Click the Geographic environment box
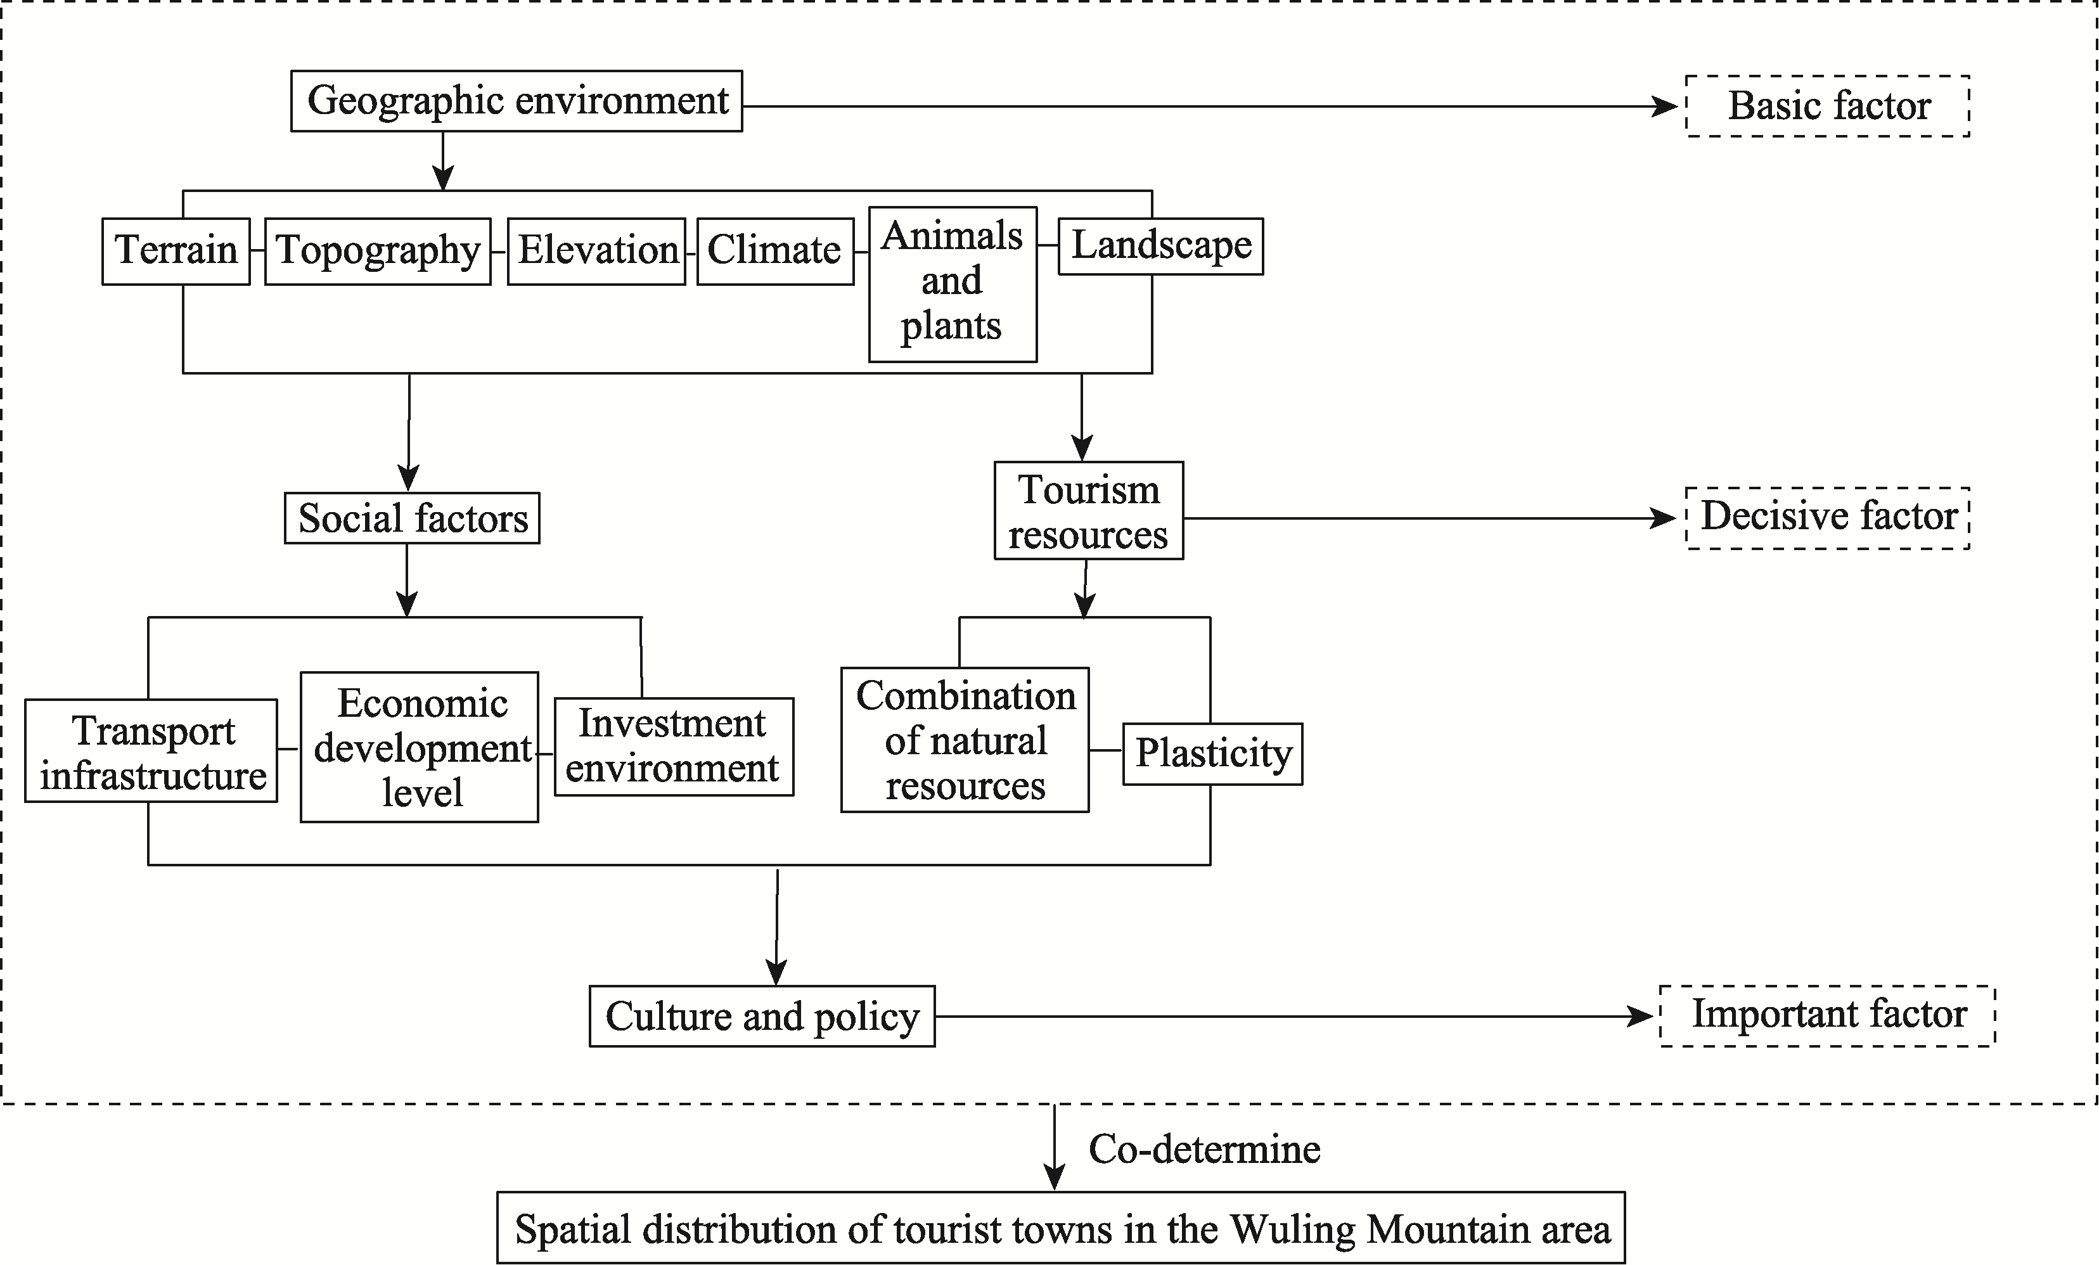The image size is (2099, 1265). click(517, 101)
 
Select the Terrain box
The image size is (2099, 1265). click(176, 252)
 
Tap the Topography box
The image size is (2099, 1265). click(377, 252)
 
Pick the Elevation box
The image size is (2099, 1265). click(596, 252)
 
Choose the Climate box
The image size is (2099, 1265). click(775, 252)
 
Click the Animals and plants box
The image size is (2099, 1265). click(953, 285)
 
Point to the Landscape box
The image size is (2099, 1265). click(1160, 246)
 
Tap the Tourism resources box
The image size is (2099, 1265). click(1089, 510)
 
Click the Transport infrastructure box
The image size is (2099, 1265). click(151, 750)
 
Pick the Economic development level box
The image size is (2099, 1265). click(419, 747)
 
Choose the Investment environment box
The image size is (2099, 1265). click(674, 747)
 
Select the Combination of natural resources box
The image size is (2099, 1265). click(965, 740)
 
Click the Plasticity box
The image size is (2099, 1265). click(1212, 754)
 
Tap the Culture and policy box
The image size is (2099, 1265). click(762, 1017)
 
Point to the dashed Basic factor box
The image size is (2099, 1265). click(1828, 106)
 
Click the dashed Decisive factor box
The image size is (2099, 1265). click(1828, 518)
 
